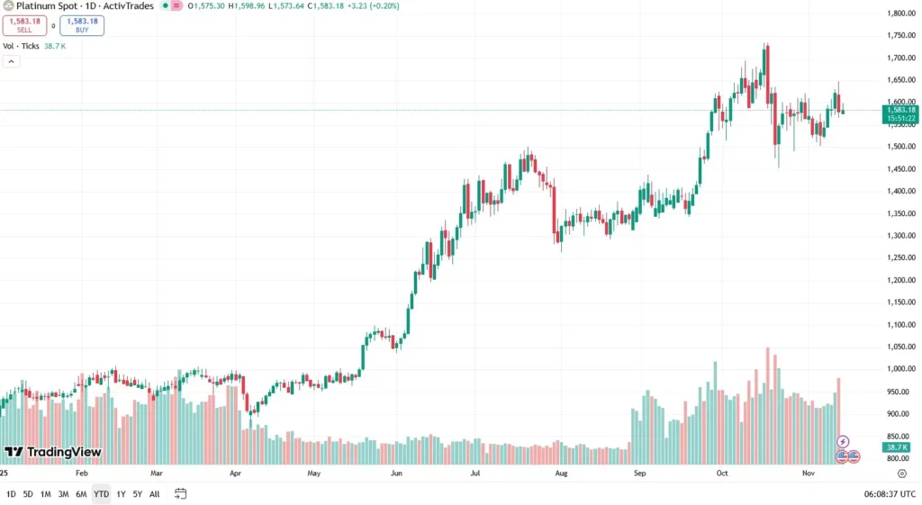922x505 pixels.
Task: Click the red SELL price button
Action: pos(24,25)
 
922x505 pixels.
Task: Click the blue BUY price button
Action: pos(82,25)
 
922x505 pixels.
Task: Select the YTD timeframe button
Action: pos(101,493)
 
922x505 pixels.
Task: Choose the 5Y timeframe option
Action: pos(137,493)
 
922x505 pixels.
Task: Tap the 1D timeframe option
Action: pos(11,493)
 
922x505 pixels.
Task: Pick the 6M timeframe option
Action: pos(81,493)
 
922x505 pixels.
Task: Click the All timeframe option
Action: pos(155,493)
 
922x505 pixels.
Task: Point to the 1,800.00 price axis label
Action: pos(901,14)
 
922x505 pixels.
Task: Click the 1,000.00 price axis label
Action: pos(901,369)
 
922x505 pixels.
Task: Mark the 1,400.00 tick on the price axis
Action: pos(901,191)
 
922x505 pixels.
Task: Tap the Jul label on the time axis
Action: pos(475,472)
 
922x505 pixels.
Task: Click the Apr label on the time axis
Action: pos(236,472)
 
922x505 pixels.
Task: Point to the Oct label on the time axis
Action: pos(722,472)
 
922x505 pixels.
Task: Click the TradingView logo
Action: pos(52,452)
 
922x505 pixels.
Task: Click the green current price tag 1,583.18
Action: pos(901,110)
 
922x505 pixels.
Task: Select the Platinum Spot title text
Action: pos(45,5)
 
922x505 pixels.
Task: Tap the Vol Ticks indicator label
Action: pos(22,46)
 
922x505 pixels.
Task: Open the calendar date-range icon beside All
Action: pos(181,493)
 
